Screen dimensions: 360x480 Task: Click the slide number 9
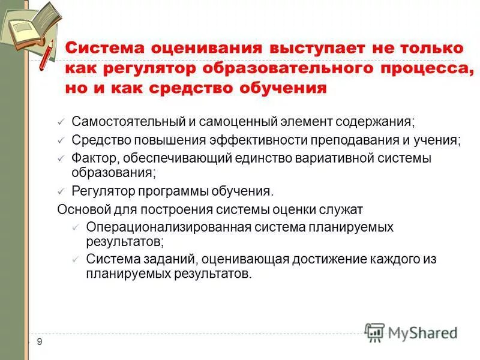coord(40,342)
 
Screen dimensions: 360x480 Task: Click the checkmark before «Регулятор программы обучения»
coord(61,192)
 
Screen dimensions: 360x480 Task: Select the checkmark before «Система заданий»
coord(75,260)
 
